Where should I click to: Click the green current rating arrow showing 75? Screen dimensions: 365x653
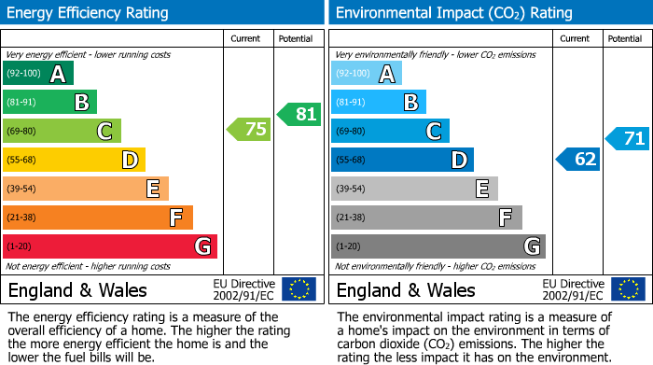pos(250,130)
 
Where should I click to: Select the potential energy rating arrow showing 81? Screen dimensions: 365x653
pos(299,115)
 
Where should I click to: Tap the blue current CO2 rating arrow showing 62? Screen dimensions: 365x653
pos(578,159)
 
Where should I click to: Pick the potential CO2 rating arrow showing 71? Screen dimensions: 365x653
pos(628,139)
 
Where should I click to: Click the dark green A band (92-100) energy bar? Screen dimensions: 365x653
pos(38,74)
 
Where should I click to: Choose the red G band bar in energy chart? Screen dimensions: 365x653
pos(110,246)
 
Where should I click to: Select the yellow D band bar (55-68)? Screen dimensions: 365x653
pos(75,160)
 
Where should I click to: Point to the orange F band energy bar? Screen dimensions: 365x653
pos(98,218)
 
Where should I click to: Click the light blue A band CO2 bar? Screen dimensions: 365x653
pos(367,74)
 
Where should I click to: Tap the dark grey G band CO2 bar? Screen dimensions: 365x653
pos(438,246)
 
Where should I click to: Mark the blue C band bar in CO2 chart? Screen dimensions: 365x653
pos(390,131)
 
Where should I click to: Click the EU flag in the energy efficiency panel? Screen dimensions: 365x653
pos(299,289)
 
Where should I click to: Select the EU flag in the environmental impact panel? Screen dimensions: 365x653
pos(627,289)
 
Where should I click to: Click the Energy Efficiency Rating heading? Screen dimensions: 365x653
pos(89,13)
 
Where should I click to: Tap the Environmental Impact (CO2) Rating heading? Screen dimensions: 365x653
pos(453,13)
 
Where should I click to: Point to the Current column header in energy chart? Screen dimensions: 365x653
pos(246,38)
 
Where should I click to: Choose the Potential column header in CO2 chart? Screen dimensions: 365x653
pos(624,38)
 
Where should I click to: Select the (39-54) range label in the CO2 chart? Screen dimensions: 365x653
pos(352,189)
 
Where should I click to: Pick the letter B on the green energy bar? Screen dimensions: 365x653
pos(82,102)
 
